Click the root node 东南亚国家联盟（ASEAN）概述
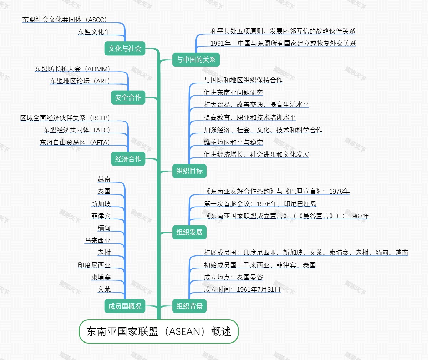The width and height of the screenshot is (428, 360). tap(158, 331)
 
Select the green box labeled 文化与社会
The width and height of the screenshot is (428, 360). tap(125, 49)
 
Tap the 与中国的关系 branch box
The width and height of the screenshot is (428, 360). tap(196, 60)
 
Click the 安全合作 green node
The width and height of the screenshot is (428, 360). tap(128, 97)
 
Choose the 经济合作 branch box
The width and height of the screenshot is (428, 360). tap(128, 159)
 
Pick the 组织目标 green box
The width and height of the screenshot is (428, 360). tap(189, 171)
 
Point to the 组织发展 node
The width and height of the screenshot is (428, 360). tap(189, 232)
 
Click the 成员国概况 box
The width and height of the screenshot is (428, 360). tap(125, 306)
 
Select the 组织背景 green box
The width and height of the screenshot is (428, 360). tap(189, 306)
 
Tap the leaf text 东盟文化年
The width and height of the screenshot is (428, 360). tap(95, 32)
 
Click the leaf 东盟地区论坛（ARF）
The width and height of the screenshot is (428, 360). tap(80, 81)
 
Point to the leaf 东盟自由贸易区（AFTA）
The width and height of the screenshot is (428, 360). tap(75, 142)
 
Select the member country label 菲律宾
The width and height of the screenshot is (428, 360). tap(101, 216)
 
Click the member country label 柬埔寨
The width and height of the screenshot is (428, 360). tap(101, 277)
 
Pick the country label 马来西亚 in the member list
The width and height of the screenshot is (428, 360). tap(97, 240)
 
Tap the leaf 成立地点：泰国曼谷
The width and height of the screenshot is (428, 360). tap(233, 277)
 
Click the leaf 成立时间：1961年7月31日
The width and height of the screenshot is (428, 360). tap(242, 289)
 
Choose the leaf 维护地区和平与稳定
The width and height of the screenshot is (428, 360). tap(233, 142)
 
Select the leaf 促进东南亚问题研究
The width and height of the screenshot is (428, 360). tap(233, 92)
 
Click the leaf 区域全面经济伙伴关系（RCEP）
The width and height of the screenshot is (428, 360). tap(65, 118)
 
